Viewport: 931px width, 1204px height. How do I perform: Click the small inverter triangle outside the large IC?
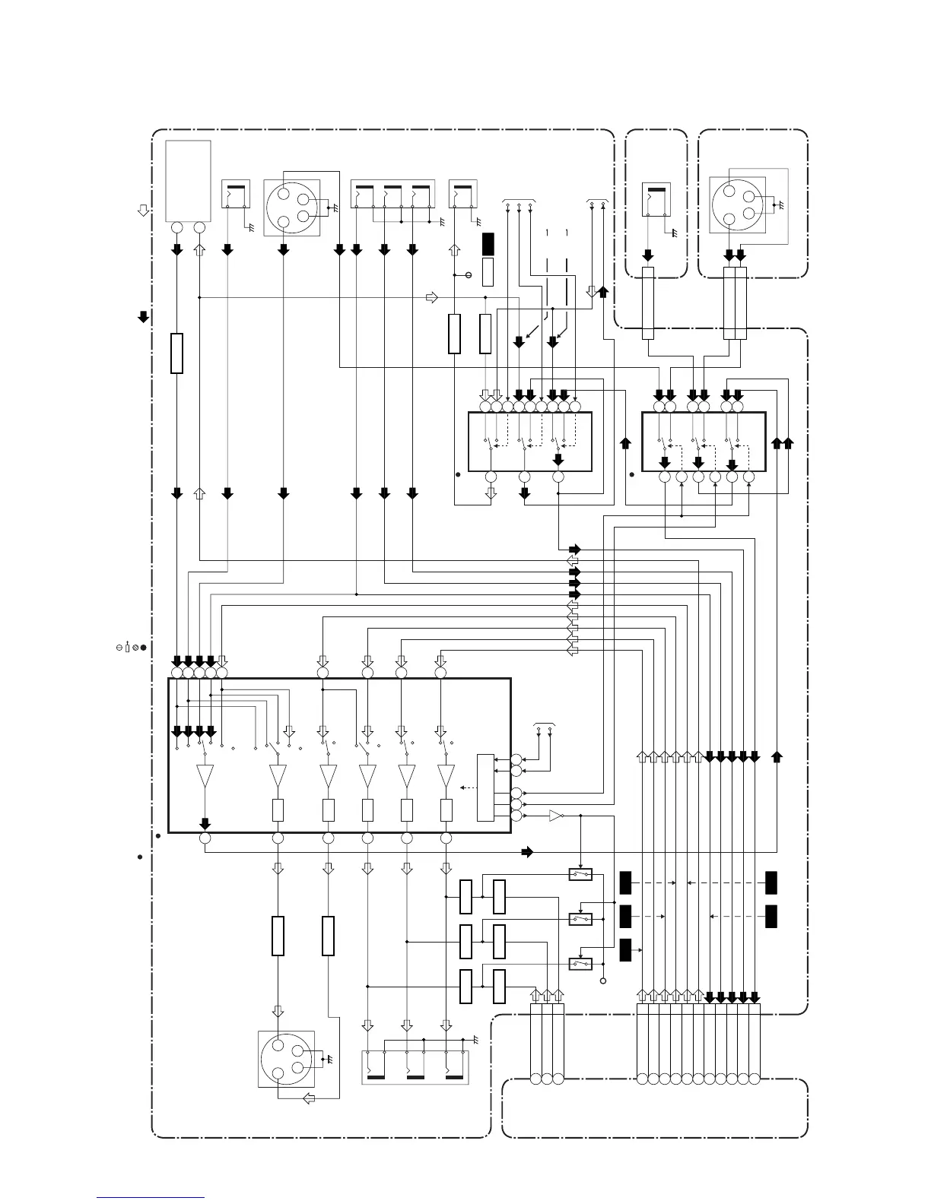coord(556,816)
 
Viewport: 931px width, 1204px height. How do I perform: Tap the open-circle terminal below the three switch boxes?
coord(604,981)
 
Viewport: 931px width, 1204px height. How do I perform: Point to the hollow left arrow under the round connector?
coord(309,1098)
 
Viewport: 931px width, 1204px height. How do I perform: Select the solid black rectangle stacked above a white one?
coord(488,244)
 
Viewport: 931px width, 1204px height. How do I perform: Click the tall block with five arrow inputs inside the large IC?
coord(485,787)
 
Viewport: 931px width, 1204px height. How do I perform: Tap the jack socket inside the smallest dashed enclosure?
coord(656,202)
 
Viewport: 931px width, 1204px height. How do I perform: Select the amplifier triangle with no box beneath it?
coord(205,776)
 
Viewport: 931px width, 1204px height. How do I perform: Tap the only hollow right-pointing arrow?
coord(432,297)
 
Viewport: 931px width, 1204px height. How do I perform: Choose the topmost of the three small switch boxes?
coord(581,875)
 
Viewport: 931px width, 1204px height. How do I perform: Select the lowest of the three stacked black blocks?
coord(625,950)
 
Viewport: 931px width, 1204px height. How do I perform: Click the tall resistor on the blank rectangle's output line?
coord(176,353)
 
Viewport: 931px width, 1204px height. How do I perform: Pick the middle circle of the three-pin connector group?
coord(546,1079)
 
